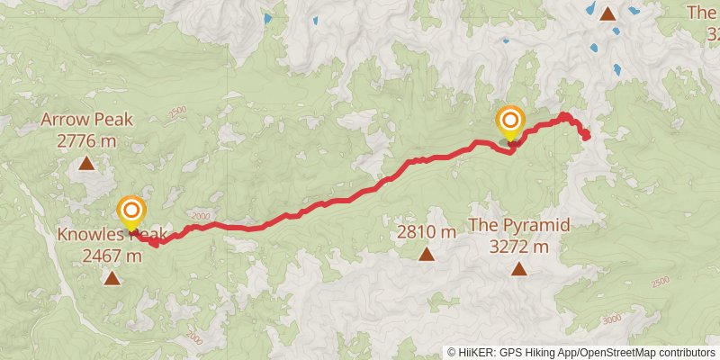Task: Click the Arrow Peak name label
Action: click(86, 120)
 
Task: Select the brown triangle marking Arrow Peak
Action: click(86, 164)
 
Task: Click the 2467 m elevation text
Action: click(112, 255)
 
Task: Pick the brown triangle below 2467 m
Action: click(112, 278)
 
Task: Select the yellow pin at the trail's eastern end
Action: click(510, 121)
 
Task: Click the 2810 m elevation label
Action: click(427, 231)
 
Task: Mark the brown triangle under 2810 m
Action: click(427, 255)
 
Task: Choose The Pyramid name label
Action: click(518, 225)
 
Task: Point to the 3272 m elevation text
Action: click(518, 245)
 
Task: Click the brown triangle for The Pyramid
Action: click(518, 268)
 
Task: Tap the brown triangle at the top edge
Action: click(607, 13)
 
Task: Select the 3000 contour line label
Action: click(612, 319)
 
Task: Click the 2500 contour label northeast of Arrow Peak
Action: click(177, 112)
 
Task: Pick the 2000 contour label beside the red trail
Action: click(200, 216)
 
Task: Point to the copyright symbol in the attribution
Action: click(452, 352)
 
